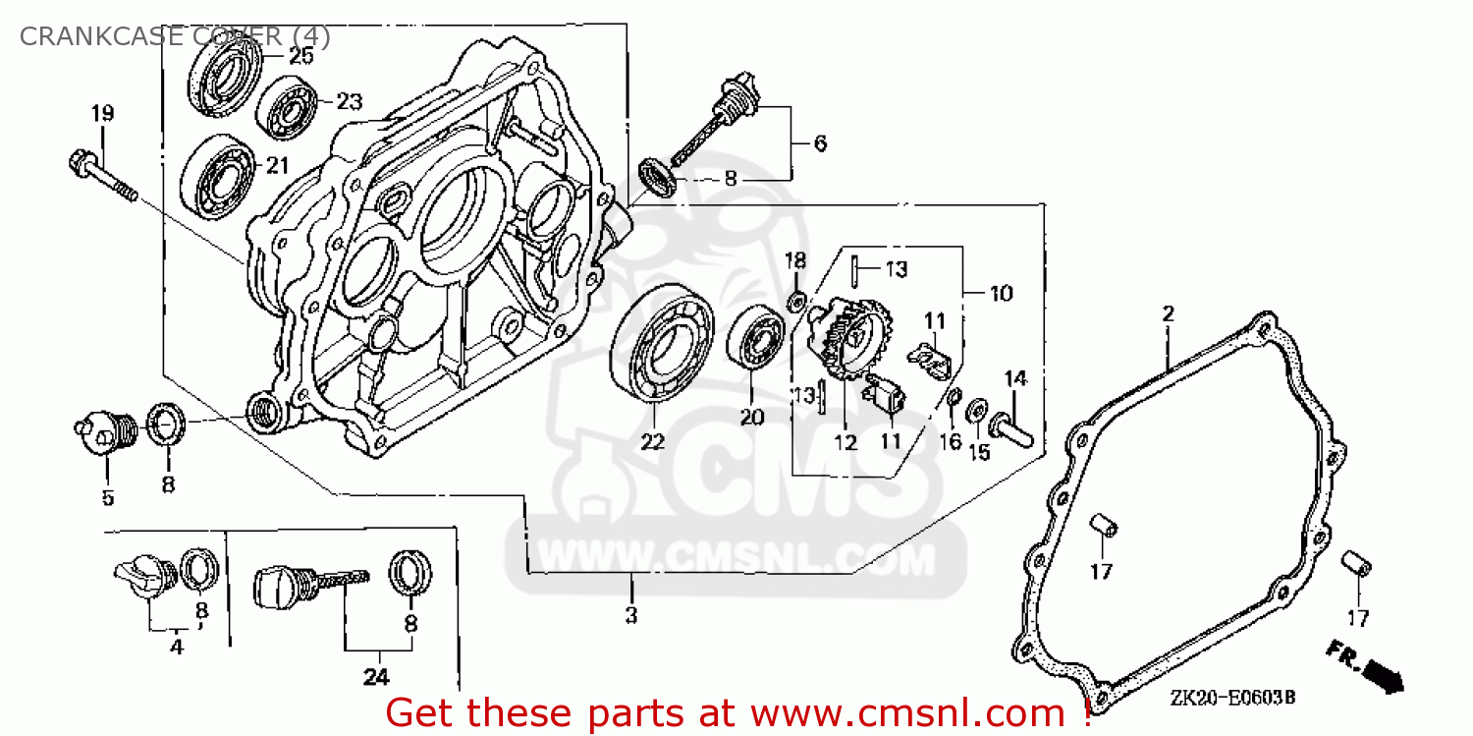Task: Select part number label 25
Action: pos(300,56)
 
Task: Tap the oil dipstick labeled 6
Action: pos(714,122)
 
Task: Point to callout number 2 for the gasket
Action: pos(1168,314)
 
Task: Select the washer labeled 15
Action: pos(977,411)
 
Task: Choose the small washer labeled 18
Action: pos(797,298)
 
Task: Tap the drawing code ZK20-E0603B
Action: pos(1231,697)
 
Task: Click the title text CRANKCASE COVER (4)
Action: pos(175,36)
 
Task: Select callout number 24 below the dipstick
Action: pos(376,676)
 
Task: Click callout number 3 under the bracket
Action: pos(631,616)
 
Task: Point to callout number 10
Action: pos(1001,293)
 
